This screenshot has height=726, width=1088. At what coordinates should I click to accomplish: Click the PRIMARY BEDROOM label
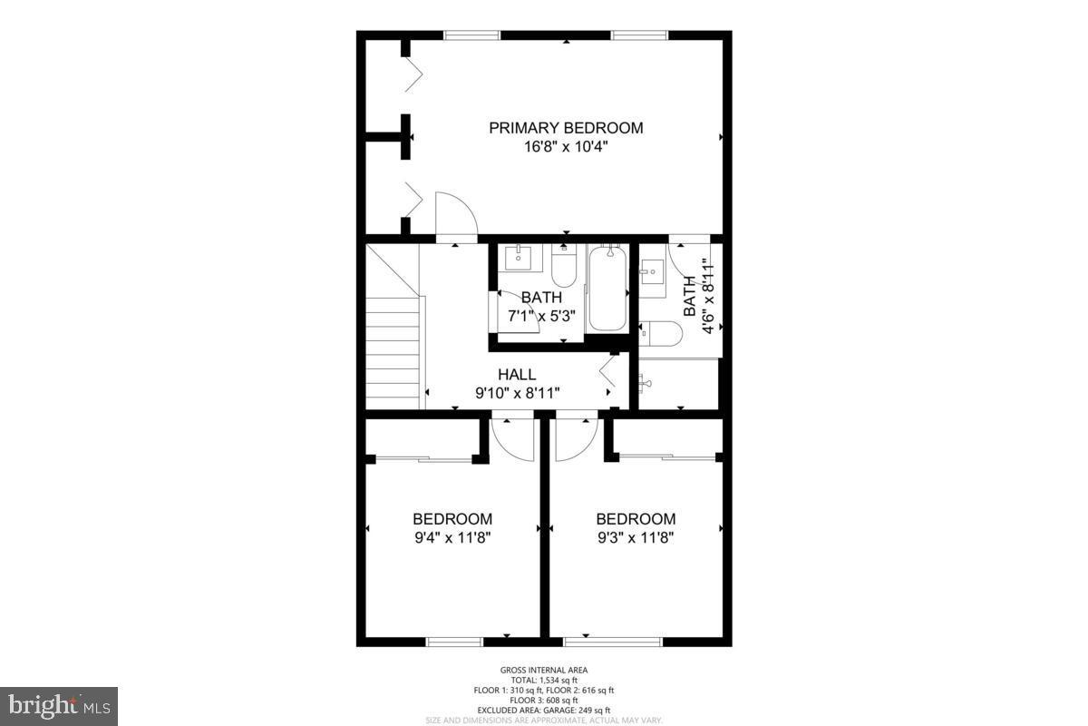pos(566,128)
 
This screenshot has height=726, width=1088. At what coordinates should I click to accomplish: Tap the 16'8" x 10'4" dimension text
pos(566,146)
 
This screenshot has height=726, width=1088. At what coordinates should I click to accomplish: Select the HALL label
pos(517,374)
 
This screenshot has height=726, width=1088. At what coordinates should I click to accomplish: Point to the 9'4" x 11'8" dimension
pos(452,536)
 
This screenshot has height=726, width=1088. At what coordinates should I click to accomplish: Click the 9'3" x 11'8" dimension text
pos(635,536)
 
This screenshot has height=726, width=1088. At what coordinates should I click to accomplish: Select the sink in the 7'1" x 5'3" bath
pos(519,257)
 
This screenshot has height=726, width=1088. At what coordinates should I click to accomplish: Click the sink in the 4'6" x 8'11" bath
pos(652,272)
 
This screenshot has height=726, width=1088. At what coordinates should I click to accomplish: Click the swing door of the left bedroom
pos(512,439)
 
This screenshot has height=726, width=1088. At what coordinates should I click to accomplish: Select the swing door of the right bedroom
pos(575,439)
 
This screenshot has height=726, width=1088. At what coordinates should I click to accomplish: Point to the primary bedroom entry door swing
pos(454,216)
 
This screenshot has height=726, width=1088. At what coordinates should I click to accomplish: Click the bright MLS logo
pos(59,705)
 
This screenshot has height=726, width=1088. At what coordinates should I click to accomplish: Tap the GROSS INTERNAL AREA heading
pos(544,670)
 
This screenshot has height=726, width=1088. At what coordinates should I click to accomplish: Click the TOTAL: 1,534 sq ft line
pos(544,680)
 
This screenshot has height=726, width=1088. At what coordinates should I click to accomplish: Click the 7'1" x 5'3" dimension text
pos(541,315)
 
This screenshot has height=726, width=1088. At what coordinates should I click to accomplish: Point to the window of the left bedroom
pos(454,642)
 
